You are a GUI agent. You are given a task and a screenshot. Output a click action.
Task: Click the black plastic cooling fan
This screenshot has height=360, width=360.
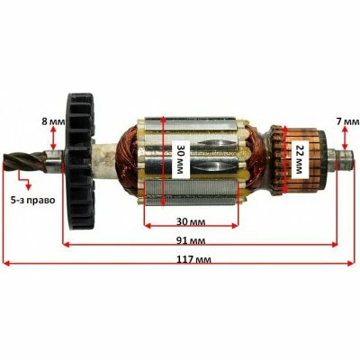click(79, 162)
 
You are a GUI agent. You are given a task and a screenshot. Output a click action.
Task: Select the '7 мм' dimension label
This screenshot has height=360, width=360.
click(347, 121)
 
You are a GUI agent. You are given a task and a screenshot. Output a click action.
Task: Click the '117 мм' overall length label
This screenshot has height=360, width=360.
click(193, 258)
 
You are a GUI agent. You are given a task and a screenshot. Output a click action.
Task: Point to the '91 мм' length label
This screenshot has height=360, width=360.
click(191, 240)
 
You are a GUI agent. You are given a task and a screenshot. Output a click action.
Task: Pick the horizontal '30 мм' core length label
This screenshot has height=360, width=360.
click(191, 221)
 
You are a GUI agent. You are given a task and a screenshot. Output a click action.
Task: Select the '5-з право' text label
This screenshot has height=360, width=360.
click(33, 200)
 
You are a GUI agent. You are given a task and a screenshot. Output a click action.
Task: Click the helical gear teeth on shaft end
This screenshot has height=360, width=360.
click(24, 162)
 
